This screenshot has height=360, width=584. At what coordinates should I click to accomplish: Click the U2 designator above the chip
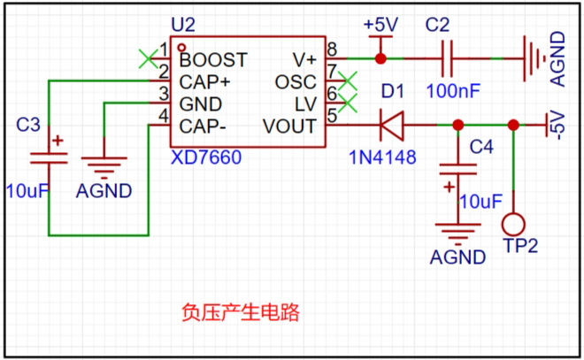click(x=183, y=25)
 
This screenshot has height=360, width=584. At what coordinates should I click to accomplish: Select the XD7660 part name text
click(x=206, y=157)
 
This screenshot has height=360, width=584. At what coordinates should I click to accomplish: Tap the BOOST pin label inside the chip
click(x=213, y=60)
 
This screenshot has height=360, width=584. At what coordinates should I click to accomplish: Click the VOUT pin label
click(x=289, y=126)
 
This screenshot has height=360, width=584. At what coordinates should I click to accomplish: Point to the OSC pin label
click(x=296, y=82)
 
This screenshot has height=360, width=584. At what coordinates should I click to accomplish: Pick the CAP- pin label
click(x=203, y=126)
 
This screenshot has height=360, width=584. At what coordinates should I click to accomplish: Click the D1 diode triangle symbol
click(x=391, y=125)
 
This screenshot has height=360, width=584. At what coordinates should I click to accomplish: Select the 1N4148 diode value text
click(x=382, y=157)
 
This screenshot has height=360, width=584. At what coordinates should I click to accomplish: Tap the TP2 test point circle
click(x=513, y=225)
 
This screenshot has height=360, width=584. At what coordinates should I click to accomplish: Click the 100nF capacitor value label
click(x=453, y=91)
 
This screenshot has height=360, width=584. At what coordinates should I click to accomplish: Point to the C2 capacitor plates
click(x=447, y=59)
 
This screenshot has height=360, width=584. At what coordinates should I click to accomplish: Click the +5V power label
click(x=380, y=25)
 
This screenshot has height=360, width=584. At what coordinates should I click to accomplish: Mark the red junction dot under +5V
click(x=380, y=59)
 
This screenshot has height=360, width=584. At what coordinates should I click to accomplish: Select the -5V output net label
click(x=558, y=125)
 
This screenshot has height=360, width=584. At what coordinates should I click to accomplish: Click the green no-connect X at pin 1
click(x=148, y=59)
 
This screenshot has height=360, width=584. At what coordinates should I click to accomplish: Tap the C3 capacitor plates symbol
click(x=49, y=157)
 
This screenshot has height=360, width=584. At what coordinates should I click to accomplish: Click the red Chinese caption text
click(x=241, y=312)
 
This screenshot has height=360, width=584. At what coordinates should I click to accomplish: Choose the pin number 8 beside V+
click(x=332, y=50)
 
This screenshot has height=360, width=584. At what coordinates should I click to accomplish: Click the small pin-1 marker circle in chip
click(x=181, y=48)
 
